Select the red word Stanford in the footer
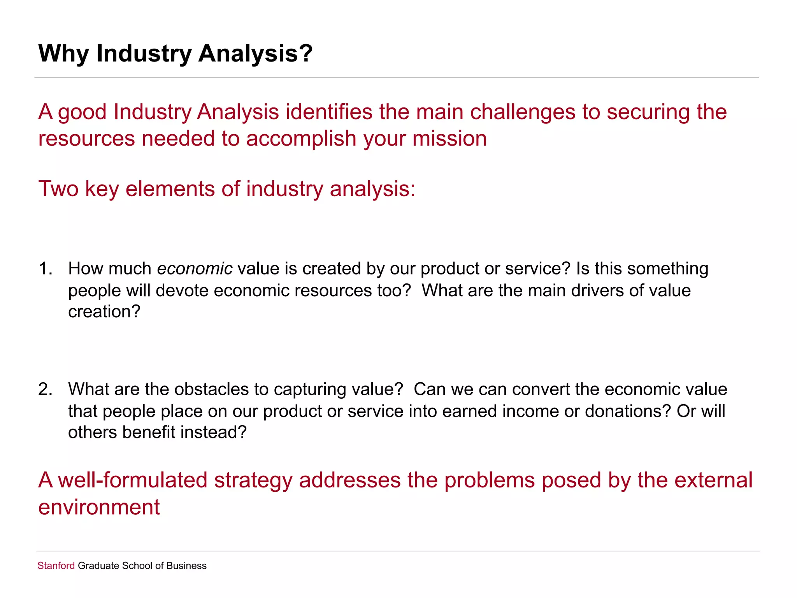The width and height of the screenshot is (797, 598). pos(56,566)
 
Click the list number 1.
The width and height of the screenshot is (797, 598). pos(45,269)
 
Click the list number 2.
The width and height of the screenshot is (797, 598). pos(45,389)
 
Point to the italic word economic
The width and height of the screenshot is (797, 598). pos(195,269)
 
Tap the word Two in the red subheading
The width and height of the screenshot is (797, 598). pos(58,189)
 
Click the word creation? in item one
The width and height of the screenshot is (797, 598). pos(104,312)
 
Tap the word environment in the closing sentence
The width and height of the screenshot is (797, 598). pos(99,507)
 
